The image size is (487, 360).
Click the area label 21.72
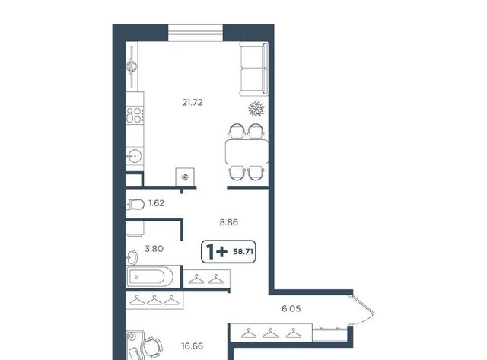click(x=193, y=102)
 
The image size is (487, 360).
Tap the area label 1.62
click(x=156, y=203)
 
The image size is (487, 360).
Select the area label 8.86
click(x=228, y=222)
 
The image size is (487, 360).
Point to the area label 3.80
click(x=154, y=249)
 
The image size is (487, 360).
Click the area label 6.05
click(x=291, y=308)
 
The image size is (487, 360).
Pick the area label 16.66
click(x=193, y=346)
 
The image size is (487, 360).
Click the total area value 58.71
click(x=243, y=252)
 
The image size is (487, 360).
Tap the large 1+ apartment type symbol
click(x=217, y=252)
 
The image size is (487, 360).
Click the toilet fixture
click(x=135, y=205)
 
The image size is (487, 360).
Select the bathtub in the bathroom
click(x=150, y=276)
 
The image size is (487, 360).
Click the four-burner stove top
click(x=135, y=115)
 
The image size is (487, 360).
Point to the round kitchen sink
click(x=135, y=155)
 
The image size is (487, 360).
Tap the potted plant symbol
click(x=256, y=108)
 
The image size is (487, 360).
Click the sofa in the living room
click(x=253, y=68)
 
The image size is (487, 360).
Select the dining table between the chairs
click(x=247, y=152)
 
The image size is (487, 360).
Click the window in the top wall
click(x=196, y=33)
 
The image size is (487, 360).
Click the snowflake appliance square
click(x=185, y=177)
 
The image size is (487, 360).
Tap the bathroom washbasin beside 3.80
click(x=132, y=257)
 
